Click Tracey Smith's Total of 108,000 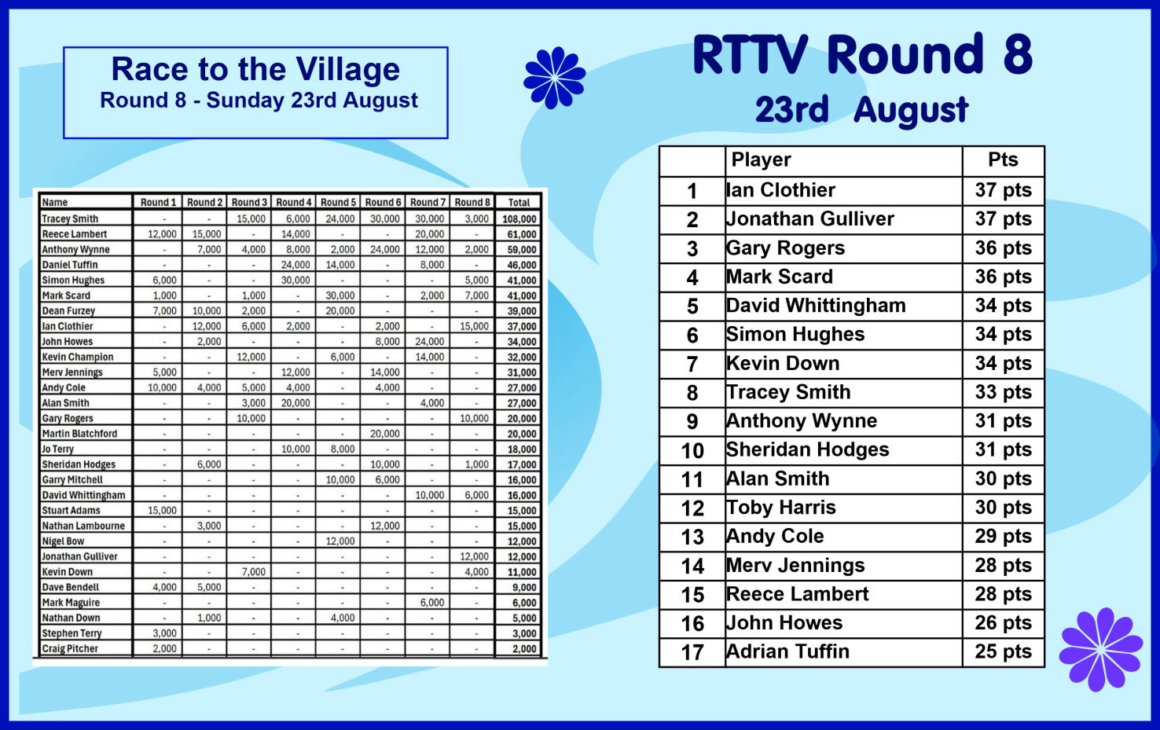519,218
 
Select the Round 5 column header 338,202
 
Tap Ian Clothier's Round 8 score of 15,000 474,326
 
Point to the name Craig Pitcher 70,649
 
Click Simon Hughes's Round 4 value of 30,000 296,280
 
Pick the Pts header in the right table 1003,160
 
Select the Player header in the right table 761,160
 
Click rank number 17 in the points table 692,652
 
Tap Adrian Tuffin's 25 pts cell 1003,652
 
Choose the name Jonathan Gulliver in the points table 810,219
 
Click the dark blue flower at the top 554,78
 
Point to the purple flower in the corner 1101,649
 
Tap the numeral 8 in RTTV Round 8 1018,54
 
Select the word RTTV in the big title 750,54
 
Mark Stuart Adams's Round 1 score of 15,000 162,511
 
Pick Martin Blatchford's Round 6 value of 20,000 385,434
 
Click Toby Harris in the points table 781,508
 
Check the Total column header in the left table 519,203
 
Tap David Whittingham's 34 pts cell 1003,306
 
